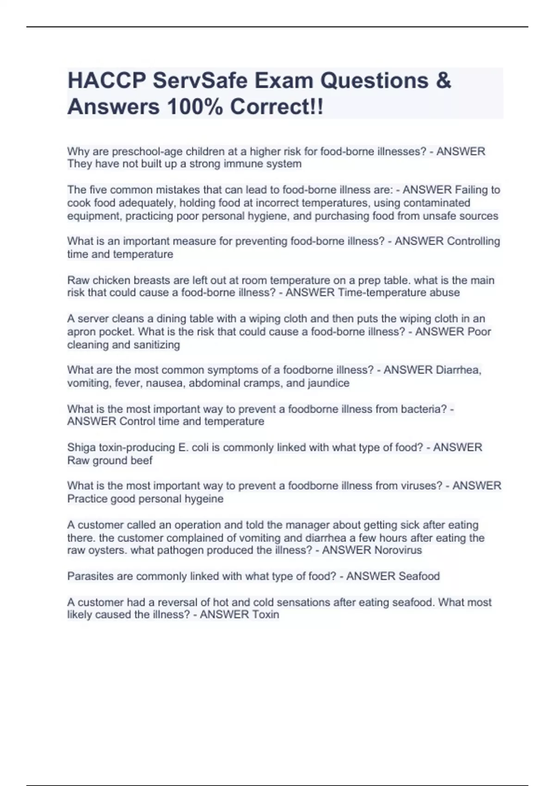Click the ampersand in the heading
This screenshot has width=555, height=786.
pos(443,80)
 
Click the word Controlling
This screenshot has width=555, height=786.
pos(473,241)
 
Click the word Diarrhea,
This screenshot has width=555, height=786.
pos(456,370)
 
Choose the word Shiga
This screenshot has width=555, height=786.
pos(81,447)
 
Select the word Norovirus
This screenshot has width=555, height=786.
pos(398,550)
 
